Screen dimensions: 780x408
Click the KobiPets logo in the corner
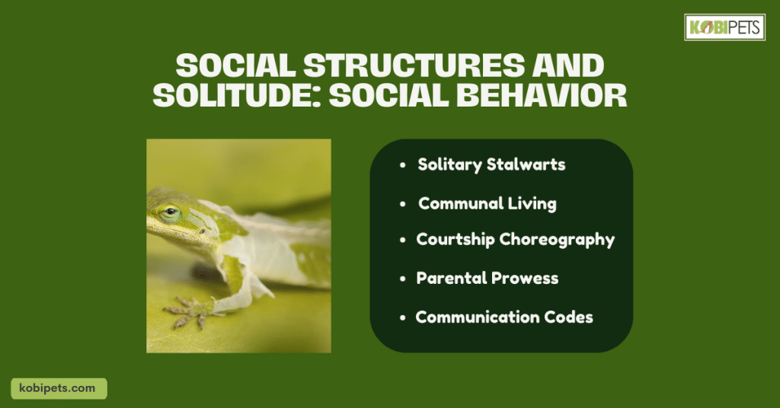pos(724,27)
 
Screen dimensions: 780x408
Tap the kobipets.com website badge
pos(59,389)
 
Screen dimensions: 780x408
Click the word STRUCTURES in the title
pos(414,65)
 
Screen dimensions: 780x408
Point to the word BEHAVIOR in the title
pos(542,95)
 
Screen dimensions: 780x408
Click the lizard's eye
pos(170,212)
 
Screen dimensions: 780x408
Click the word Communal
pos(454,203)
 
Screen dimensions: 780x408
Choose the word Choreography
pos(557,240)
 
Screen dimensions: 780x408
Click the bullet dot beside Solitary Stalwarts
pos(403,165)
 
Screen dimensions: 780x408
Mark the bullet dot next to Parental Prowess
pos(403,279)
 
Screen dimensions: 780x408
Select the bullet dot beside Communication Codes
pos(403,317)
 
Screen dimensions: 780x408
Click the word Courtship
pos(456,240)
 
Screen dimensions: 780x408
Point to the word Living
pos(525,204)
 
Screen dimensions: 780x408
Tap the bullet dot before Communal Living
pos(403,204)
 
